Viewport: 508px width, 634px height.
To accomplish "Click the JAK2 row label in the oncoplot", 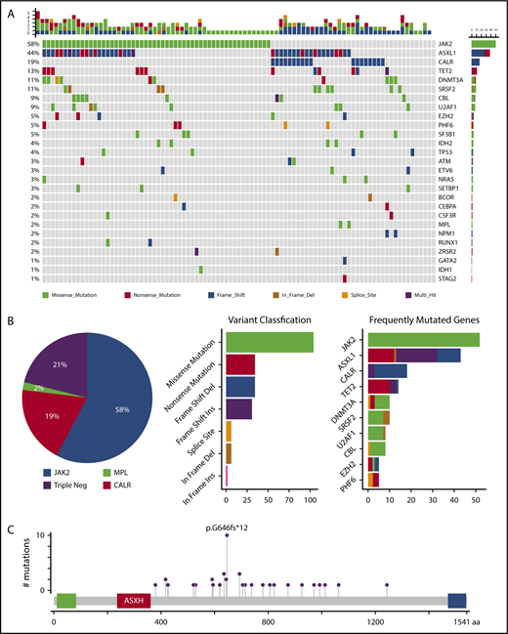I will tap(450, 45).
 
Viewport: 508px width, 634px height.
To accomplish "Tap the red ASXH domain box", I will tap(135, 603).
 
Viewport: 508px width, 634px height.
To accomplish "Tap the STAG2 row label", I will tap(450, 278).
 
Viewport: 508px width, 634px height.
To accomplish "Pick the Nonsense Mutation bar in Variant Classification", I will tap(240, 364).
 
